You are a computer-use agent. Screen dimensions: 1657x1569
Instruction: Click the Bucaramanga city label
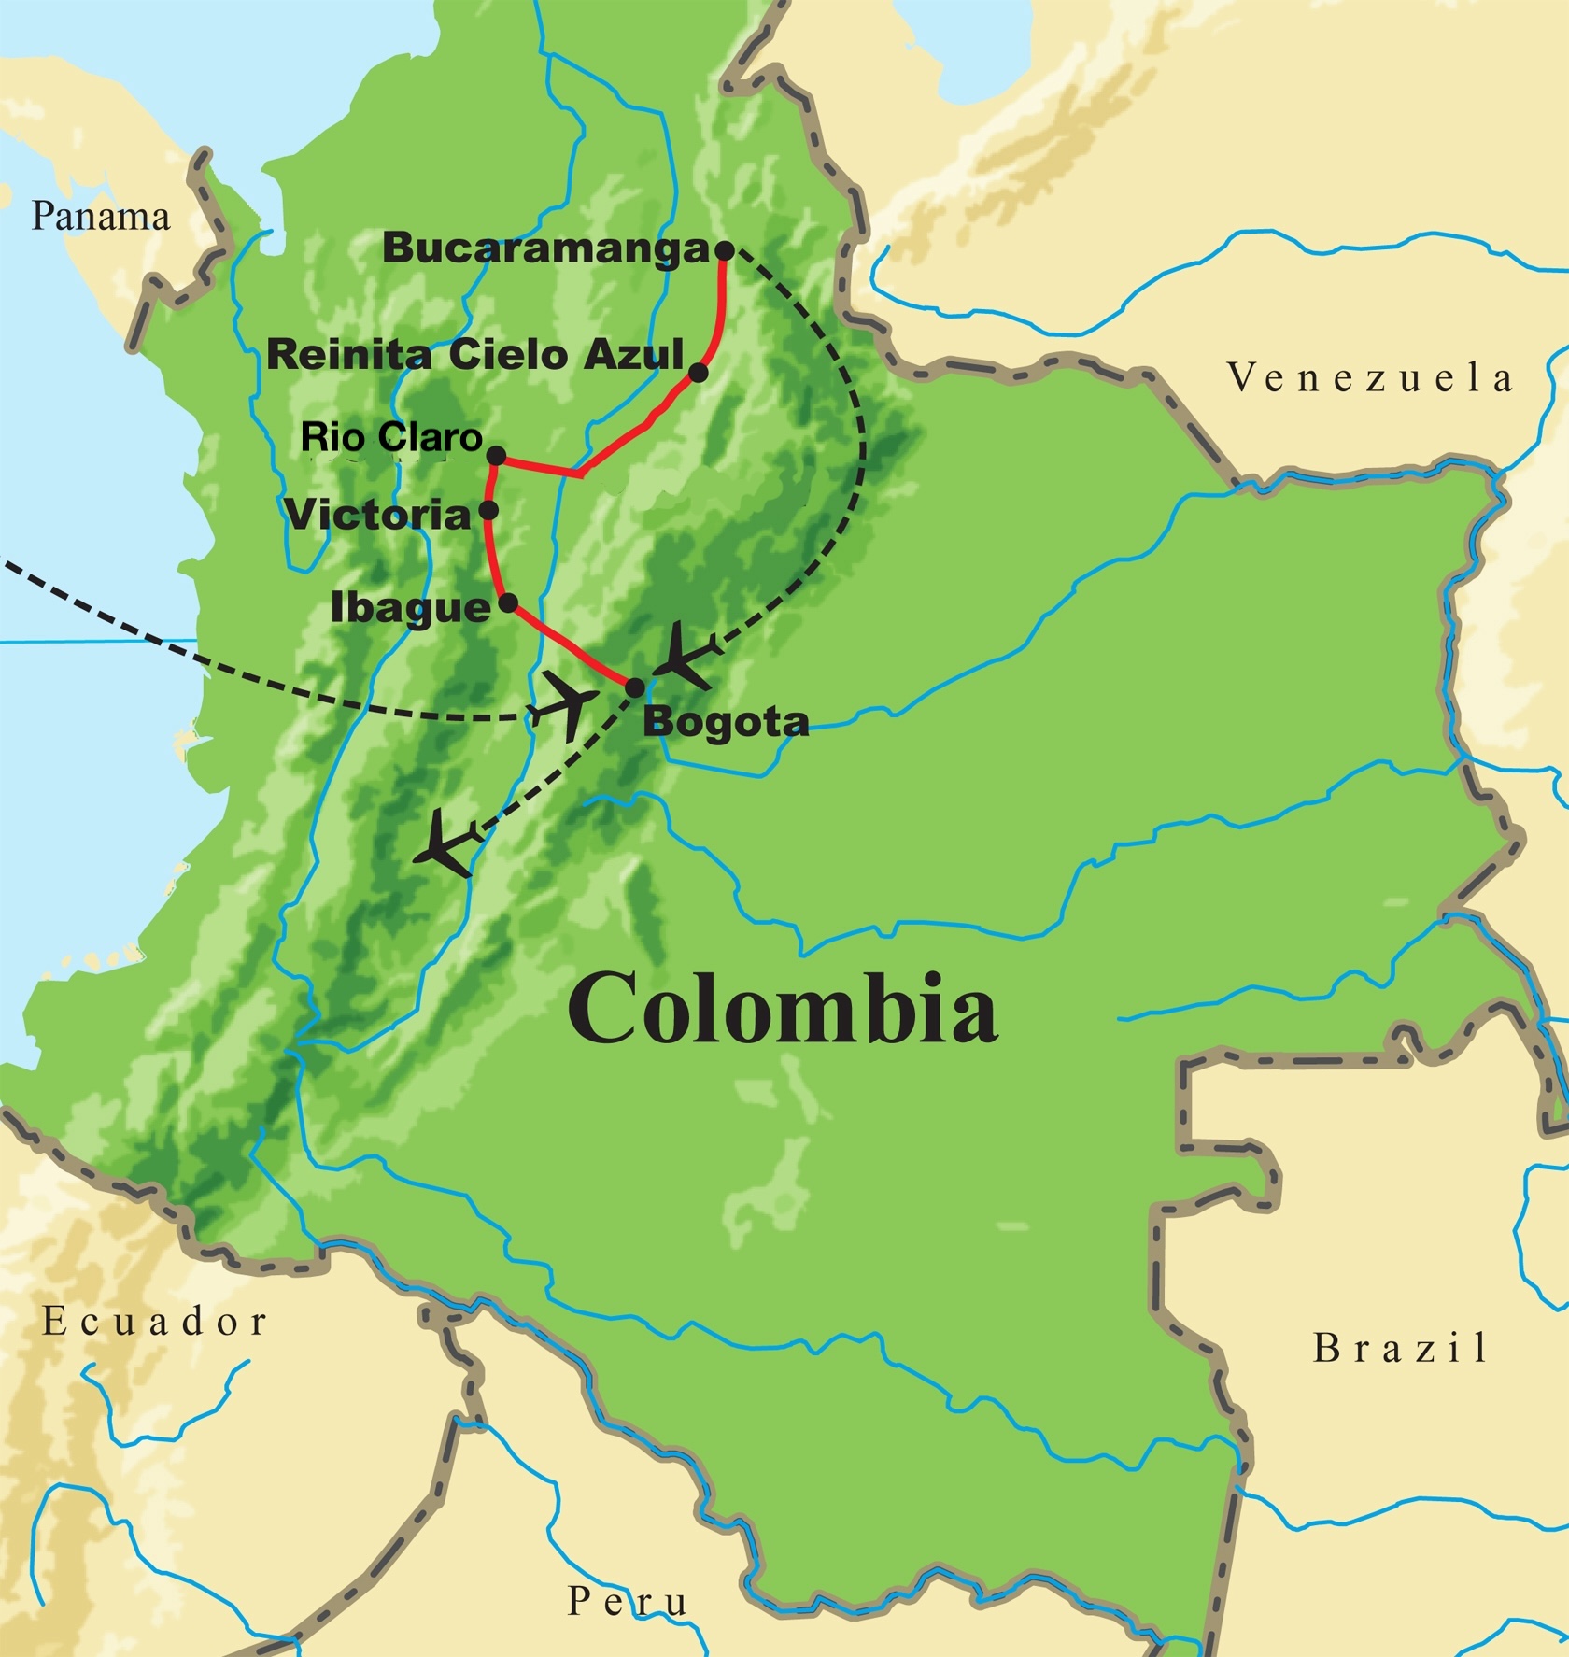pyautogui.click(x=545, y=248)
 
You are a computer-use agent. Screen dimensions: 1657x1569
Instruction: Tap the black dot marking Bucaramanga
pyautogui.click(x=724, y=250)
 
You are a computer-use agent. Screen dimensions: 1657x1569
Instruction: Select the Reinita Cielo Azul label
pyautogui.click(x=475, y=355)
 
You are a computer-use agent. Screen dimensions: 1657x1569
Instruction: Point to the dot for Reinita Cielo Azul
pyautogui.click(x=698, y=374)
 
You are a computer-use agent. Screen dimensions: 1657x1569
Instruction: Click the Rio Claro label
pyautogui.click(x=390, y=437)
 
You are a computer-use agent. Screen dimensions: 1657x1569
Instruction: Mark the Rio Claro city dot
pyautogui.click(x=497, y=456)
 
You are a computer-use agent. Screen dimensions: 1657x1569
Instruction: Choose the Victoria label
pyautogui.click(x=377, y=515)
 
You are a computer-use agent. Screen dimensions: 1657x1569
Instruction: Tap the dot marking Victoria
pyautogui.click(x=488, y=511)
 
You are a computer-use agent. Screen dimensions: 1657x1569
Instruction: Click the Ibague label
pyautogui.click(x=411, y=608)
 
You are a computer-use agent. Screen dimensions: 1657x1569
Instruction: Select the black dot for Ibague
pyautogui.click(x=508, y=603)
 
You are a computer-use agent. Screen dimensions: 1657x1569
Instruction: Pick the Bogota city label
pyautogui.click(x=726, y=722)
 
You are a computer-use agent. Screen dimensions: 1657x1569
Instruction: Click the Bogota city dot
pyautogui.click(x=634, y=688)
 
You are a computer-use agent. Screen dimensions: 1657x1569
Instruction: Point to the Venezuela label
pyautogui.click(x=1370, y=378)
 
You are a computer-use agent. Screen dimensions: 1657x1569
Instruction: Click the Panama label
pyautogui.click(x=101, y=217)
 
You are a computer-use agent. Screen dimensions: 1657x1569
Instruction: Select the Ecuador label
pyautogui.click(x=155, y=1322)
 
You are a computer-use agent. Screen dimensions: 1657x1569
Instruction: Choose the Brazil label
pyautogui.click(x=1400, y=1348)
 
